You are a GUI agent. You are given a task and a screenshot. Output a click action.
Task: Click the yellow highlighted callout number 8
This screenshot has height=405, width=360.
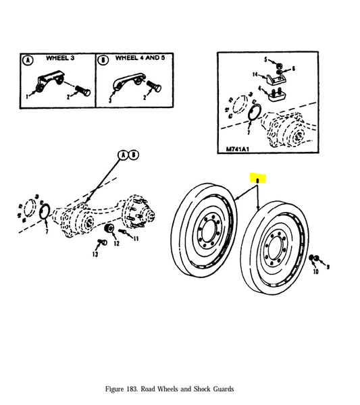(257, 180)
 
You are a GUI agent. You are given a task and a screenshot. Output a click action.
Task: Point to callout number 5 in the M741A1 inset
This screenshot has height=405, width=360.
(266, 59)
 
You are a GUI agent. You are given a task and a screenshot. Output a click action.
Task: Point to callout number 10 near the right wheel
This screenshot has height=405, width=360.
(315, 272)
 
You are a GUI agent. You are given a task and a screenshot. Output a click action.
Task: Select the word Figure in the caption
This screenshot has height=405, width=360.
(117, 389)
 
